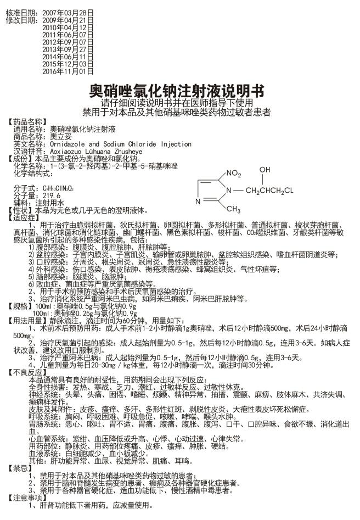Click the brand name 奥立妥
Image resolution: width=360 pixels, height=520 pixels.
(x=61, y=136)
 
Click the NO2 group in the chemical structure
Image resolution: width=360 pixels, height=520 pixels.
(x=232, y=174)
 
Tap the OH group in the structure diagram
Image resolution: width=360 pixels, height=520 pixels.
(x=265, y=170)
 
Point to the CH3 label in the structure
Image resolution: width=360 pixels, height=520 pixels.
(x=233, y=209)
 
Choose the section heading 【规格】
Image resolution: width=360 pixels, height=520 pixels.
(x=19, y=306)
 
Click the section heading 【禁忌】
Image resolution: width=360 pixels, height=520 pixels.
(x=19, y=468)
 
